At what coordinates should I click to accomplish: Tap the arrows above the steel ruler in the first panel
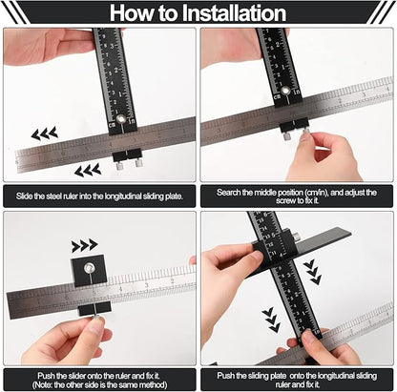pyautogui.click(x=44, y=134)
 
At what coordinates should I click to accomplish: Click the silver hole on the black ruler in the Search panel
pyautogui.click(x=283, y=92)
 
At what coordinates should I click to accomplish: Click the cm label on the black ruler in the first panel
pyautogui.click(x=113, y=124)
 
